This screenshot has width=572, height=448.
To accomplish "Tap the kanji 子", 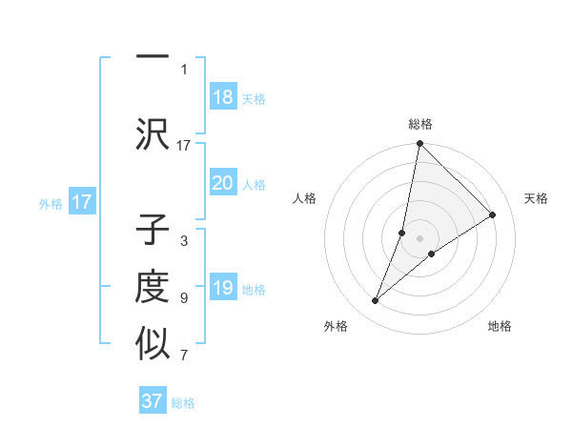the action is click(x=153, y=232).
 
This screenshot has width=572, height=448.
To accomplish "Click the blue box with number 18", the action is click(x=223, y=97).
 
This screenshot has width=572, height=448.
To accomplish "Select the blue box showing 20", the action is click(x=223, y=183).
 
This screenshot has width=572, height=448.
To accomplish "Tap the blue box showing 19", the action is click(x=223, y=288).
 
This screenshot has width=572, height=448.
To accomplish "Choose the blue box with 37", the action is click(x=153, y=401).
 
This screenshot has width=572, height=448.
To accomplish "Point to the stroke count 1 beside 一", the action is click(x=184, y=69).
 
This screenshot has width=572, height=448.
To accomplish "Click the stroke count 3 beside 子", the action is click(x=184, y=241).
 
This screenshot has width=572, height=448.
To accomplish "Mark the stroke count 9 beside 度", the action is click(x=184, y=298).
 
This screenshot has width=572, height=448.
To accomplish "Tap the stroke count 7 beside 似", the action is click(x=184, y=356).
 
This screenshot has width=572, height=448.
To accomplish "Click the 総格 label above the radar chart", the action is click(x=420, y=124).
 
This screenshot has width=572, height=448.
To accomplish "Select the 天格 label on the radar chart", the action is click(x=536, y=198).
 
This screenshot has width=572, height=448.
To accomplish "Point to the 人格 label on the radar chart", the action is click(x=305, y=198).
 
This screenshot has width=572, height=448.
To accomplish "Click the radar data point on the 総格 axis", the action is click(x=419, y=145).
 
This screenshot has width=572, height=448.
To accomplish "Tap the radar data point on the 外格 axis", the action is click(x=376, y=301).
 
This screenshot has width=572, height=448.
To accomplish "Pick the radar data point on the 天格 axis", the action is click(x=493, y=215).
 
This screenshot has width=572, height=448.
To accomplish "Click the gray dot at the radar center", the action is click(x=420, y=238).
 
